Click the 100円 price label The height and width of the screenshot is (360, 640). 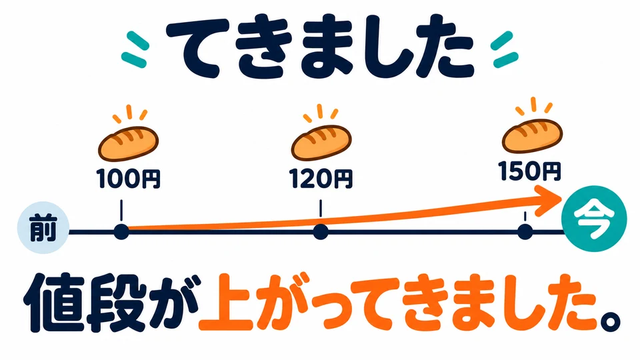click(129, 179)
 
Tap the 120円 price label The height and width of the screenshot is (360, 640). click(321, 179)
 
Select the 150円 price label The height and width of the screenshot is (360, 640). click(529, 171)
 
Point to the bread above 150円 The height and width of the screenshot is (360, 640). click(532, 135)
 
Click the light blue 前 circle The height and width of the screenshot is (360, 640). click(43, 228)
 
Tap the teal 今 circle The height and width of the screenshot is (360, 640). click(594, 219)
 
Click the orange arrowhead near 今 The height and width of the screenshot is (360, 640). click(549, 201)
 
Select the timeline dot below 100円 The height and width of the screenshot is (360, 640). click(121, 232)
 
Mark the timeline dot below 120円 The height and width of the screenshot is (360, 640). click(321, 232)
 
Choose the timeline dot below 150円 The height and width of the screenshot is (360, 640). click(525, 232)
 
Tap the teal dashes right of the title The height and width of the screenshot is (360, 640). click(505, 49)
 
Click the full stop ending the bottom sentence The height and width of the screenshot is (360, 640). click(610, 321)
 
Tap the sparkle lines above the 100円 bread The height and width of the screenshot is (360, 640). click(129, 113)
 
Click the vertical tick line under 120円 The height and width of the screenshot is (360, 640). click(321, 208)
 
